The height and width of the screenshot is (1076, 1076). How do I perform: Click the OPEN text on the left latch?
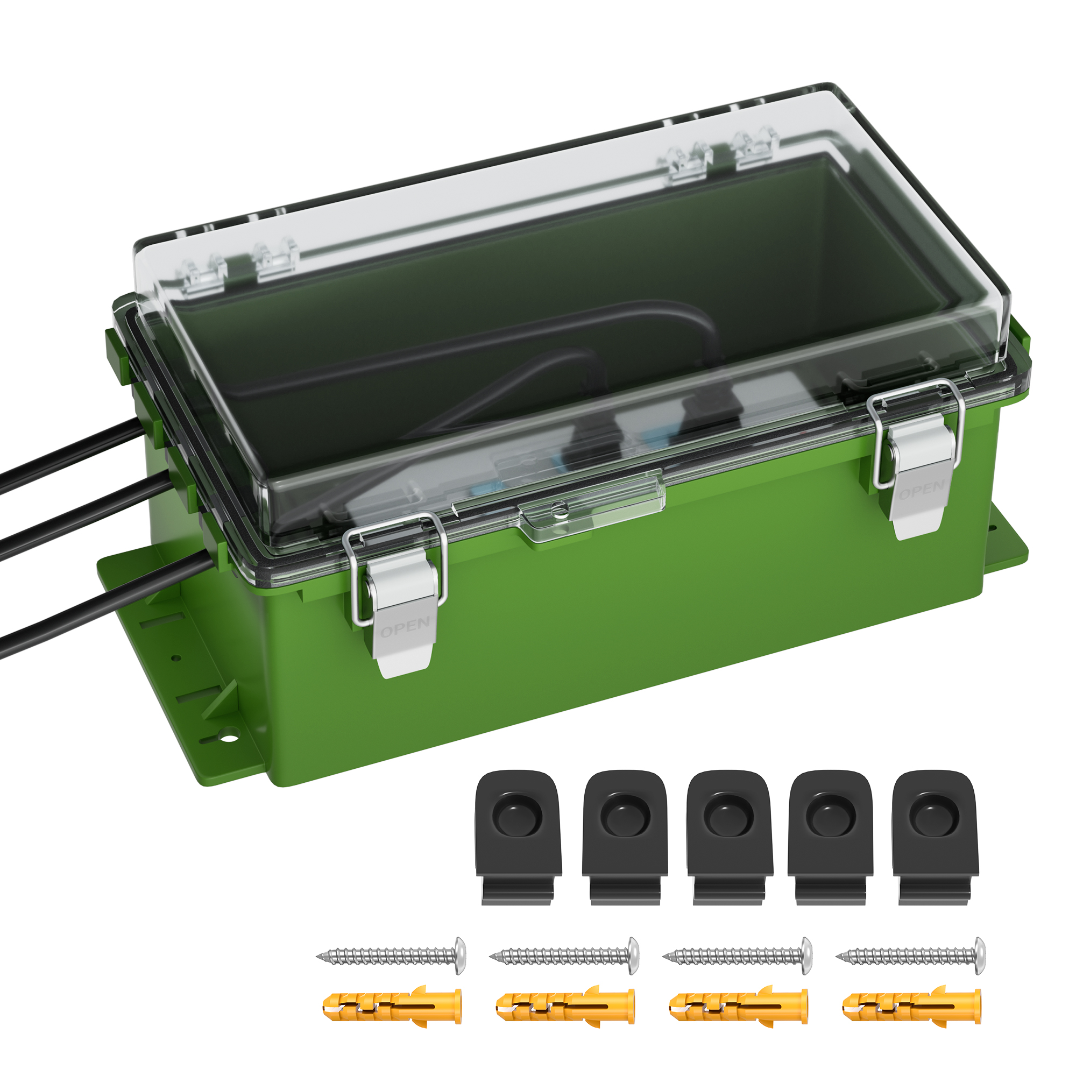(x=405, y=627)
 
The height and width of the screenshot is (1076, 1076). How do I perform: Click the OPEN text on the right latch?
(x=922, y=490)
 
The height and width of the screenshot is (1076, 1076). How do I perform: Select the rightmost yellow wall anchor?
(x=912, y=1007)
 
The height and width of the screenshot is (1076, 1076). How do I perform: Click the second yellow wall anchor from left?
(x=565, y=1007)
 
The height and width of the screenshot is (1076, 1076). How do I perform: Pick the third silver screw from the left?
(x=739, y=956)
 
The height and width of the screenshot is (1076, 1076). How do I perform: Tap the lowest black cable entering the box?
(x=83, y=613)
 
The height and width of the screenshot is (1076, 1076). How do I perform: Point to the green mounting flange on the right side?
(x=1002, y=551)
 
